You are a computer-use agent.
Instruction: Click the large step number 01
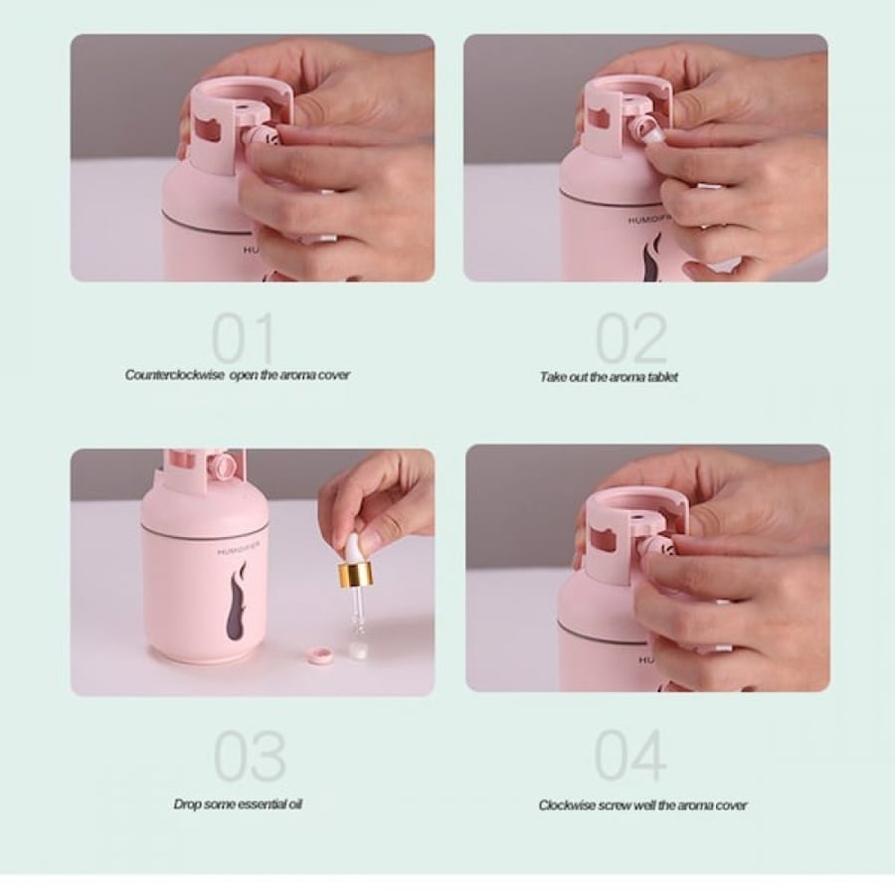244,338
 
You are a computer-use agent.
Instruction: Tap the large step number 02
631,338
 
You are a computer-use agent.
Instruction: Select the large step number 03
250,755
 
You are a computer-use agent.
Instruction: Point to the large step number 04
630,755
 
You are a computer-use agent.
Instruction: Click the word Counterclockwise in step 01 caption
175,375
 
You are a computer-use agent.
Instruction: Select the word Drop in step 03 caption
187,805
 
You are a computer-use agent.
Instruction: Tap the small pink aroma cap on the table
318,656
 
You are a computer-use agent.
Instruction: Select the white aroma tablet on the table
358,650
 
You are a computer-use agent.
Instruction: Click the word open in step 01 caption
245,376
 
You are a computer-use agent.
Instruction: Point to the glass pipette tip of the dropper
357,616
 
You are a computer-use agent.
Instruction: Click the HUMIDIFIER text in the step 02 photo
650,219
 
